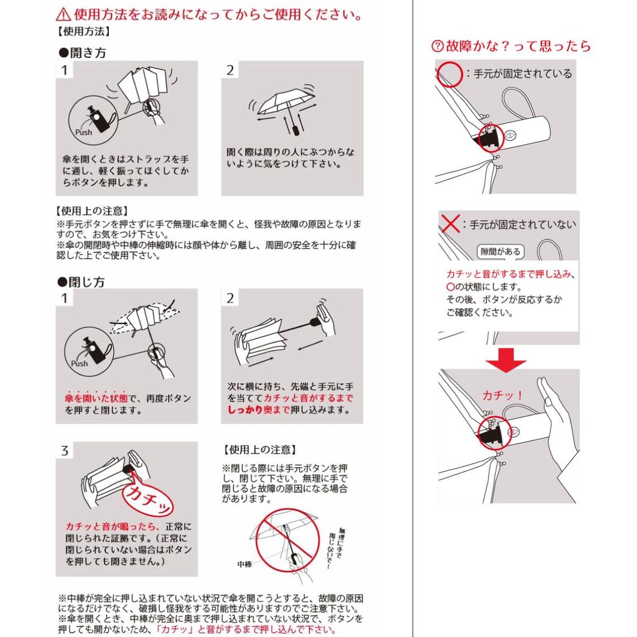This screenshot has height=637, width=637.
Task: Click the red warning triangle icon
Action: click(x=63, y=15)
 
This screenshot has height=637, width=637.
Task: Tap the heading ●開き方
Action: click(x=83, y=52)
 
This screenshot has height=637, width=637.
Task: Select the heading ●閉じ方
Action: click(x=81, y=282)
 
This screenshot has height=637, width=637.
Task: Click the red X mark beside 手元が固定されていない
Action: click(x=450, y=223)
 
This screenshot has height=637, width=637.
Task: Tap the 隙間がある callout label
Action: click(x=500, y=251)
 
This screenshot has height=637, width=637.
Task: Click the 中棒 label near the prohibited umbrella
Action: click(x=244, y=564)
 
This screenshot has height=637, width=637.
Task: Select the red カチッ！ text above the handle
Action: click(x=503, y=395)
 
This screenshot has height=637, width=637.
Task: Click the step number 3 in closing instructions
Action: click(x=65, y=450)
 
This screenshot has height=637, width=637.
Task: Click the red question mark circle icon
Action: click(x=437, y=46)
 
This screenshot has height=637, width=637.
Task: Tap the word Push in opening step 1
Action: click(x=84, y=132)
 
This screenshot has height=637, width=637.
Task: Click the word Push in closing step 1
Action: click(x=79, y=363)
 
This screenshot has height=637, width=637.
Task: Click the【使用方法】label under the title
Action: click(x=83, y=31)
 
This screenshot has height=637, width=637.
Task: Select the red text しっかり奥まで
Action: click(x=258, y=410)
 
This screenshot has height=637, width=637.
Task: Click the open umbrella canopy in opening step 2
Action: click(x=286, y=101)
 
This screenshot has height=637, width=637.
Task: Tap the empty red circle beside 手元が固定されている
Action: click(x=450, y=75)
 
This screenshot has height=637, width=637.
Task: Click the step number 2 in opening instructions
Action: click(x=230, y=70)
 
